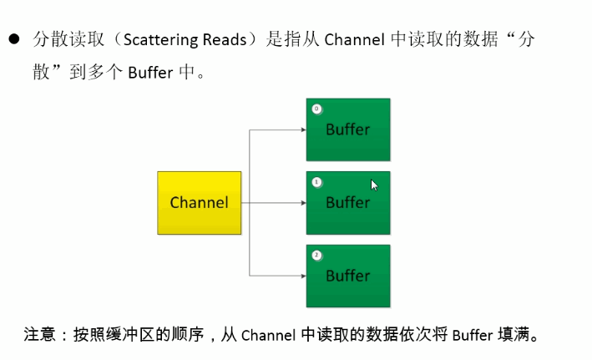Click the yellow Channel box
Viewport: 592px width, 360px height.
(x=200, y=202)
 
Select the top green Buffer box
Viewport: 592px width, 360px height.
(x=348, y=129)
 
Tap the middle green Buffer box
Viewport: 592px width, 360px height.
(x=348, y=202)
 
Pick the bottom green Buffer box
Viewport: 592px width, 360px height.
(x=348, y=275)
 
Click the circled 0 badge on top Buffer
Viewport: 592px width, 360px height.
(x=316, y=109)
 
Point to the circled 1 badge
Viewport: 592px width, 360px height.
(x=316, y=181)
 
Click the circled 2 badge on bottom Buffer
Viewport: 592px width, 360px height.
(x=316, y=254)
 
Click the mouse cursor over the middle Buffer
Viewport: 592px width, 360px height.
(x=374, y=185)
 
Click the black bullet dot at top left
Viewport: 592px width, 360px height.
(x=14, y=39)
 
